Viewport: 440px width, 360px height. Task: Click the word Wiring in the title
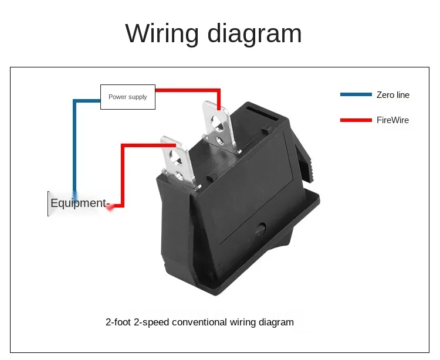point(162,34)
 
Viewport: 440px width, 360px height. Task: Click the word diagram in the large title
point(255,34)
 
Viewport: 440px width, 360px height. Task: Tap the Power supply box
point(128,97)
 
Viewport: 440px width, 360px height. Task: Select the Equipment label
point(79,203)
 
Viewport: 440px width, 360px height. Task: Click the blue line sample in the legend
point(356,94)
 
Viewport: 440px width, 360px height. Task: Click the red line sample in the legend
point(356,120)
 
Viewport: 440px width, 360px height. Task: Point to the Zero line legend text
point(393,95)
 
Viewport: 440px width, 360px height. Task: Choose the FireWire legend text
point(392,120)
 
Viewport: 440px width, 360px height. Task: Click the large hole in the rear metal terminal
point(217,123)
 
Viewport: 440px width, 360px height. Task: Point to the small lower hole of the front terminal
point(179,176)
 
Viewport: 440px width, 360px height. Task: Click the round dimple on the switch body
point(260,229)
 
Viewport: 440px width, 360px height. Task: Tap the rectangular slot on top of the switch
point(262,113)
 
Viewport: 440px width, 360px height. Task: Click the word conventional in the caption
point(199,322)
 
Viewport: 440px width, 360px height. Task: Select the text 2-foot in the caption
point(118,322)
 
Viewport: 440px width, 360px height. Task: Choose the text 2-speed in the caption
point(151,322)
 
